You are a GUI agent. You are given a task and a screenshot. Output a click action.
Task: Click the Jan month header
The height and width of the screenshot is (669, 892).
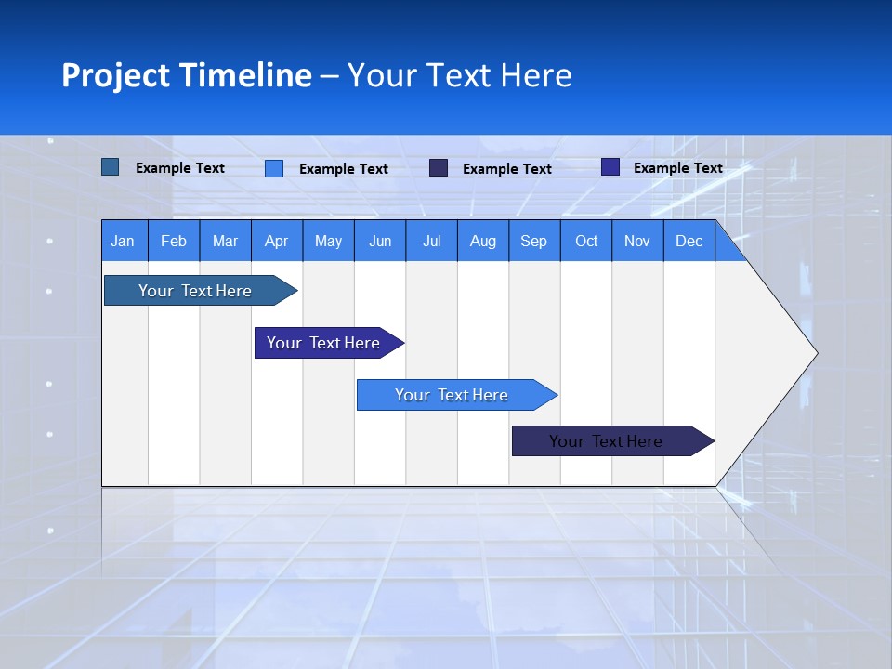pyautogui.click(x=123, y=241)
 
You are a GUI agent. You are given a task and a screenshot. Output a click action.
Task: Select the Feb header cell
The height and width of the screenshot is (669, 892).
pyautogui.click(x=174, y=241)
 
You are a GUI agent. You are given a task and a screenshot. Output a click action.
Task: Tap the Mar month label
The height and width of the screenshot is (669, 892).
pyautogui.click(x=225, y=241)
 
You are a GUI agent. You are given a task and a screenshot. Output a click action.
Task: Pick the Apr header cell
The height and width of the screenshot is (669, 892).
pyautogui.click(x=277, y=241)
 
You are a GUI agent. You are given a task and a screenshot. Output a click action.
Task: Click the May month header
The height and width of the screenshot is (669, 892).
pyautogui.click(x=328, y=241)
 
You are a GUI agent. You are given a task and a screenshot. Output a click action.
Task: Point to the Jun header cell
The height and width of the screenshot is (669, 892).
pyautogui.click(x=380, y=241)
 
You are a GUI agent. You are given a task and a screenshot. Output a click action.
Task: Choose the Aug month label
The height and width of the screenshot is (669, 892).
pyautogui.click(x=483, y=241)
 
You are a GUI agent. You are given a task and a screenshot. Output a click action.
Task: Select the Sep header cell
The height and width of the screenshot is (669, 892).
pyautogui.click(x=534, y=241)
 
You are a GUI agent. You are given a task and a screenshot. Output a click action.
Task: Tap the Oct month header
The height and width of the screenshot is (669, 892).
pyautogui.click(x=586, y=241)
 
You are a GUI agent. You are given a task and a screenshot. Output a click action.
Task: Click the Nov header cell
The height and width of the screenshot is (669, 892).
pyautogui.click(x=637, y=241)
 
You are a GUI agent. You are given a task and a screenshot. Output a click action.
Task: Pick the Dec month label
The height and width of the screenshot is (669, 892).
pyautogui.click(x=689, y=241)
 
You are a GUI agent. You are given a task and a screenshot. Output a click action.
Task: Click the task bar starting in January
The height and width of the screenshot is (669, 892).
pyautogui.click(x=195, y=291)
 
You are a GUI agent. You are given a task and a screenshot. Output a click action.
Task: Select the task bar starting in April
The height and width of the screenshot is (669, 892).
pyautogui.click(x=323, y=343)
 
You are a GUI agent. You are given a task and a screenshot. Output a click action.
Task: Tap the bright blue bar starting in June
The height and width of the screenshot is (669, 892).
pyautogui.click(x=452, y=395)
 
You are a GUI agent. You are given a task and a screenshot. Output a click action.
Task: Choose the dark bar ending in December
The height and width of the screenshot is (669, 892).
pyautogui.click(x=606, y=441)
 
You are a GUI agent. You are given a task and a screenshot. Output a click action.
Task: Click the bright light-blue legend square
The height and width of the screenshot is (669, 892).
pyautogui.click(x=274, y=168)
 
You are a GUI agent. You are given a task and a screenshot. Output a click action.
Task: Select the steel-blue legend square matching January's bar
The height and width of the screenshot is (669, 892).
pyautogui.click(x=111, y=167)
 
